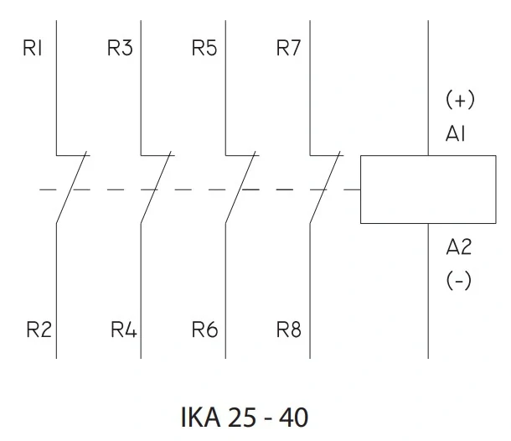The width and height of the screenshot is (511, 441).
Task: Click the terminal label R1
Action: point(34,49)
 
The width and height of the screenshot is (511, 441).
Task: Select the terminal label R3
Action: point(120,49)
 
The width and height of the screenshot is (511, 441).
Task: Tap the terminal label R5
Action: point(204,49)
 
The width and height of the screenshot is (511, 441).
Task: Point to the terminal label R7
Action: point(288,49)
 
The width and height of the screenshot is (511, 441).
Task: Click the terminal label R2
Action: point(38,329)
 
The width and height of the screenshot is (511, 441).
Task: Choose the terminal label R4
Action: point(123,329)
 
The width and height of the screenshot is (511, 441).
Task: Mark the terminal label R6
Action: point(204,329)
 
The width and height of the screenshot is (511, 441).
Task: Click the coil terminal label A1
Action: point(457,135)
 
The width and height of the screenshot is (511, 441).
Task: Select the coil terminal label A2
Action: point(459,247)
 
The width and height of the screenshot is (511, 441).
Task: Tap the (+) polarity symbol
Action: point(460,101)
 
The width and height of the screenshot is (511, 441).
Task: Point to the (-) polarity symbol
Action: point(458,281)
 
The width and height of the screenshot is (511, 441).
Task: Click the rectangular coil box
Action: point(428,189)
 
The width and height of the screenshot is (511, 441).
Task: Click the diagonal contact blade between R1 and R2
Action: point(72,189)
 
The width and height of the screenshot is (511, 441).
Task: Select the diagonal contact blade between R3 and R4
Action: point(157,189)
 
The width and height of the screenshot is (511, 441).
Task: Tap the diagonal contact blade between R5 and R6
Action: point(241,189)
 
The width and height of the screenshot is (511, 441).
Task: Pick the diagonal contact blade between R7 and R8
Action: point(326,189)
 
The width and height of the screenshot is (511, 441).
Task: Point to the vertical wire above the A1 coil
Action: point(428,84)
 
